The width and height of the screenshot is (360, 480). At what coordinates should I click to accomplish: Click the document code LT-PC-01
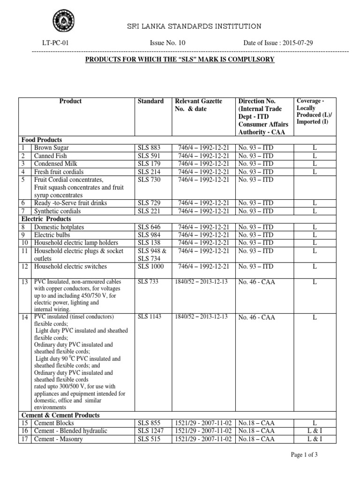pyautogui.click(x=55, y=43)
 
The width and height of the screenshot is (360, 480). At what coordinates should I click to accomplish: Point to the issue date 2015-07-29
pyautogui.click(x=297, y=43)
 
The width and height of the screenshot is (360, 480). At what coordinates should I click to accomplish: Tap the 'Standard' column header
pyautogui.click(x=150, y=101)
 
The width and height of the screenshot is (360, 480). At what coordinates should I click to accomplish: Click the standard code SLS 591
pyautogui.click(x=149, y=156)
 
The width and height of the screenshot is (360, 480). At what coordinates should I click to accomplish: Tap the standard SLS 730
pyautogui.click(x=149, y=180)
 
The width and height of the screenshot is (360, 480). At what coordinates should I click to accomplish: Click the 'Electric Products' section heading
pyautogui.click(x=46, y=219)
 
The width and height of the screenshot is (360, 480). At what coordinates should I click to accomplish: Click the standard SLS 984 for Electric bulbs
pyautogui.click(x=149, y=235)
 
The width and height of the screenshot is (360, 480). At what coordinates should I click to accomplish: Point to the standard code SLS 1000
pyautogui.click(x=150, y=267)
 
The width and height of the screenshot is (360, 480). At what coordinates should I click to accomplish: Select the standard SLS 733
pyautogui.click(x=149, y=282)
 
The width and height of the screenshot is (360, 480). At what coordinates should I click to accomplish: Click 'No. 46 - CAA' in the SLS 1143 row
pyautogui.click(x=257, y=317)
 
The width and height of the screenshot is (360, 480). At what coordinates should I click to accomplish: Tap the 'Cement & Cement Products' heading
pyautogui.click(x=60, y=415)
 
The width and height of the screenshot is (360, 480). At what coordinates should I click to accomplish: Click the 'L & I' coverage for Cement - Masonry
pyautogui.click(x=315, y=439)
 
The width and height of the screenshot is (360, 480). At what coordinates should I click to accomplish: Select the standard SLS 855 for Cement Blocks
pyautogui.click(x=149, y=423)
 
